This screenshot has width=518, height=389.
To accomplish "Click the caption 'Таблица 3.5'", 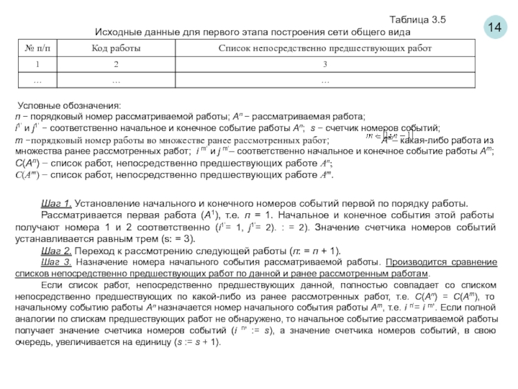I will pos(418,19).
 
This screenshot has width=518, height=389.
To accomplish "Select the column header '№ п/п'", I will pos(38,49).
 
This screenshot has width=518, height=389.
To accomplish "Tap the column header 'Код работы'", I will pos(116,49).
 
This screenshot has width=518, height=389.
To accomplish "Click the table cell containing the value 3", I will pos(325,64).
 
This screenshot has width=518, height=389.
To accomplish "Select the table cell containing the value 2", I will pos(116,64).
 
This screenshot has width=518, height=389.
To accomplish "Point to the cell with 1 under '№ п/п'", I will pos(38,64).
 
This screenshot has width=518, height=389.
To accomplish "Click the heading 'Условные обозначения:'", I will pos(69,106).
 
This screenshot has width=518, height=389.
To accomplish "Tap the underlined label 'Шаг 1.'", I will pos(56,202).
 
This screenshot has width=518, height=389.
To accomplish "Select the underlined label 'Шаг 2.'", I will pos(56,251).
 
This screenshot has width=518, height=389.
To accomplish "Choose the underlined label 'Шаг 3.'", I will pos(56,261).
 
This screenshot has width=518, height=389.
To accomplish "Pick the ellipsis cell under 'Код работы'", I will pos(116,81).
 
